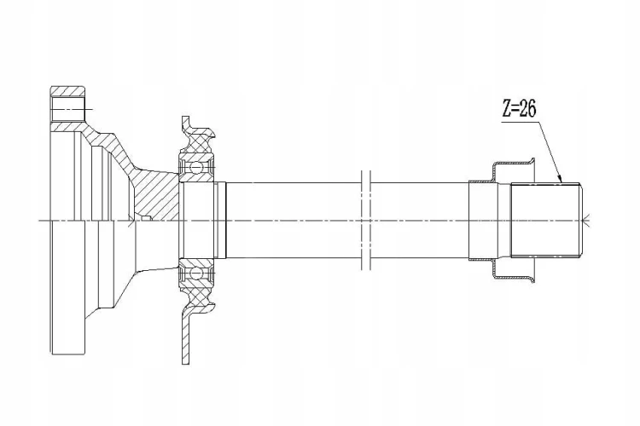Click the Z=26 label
[519, 109]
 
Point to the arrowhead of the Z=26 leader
[561, 180]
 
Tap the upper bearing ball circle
[196, 168]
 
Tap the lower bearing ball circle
[196, 273]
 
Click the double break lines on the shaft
[366, 220]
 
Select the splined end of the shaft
[546, 220]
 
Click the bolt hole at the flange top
[67, 109]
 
